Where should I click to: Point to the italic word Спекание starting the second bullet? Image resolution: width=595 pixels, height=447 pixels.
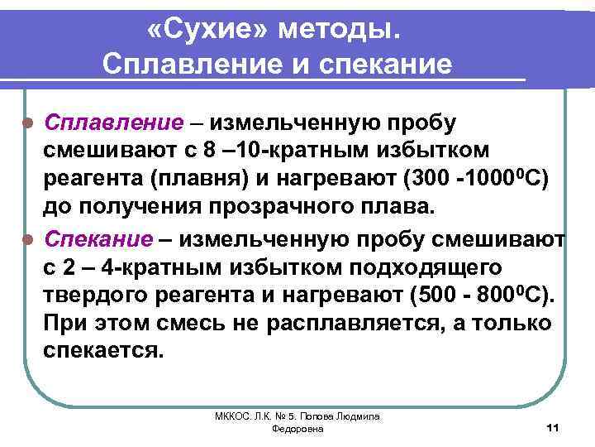[x=99, y=239]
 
